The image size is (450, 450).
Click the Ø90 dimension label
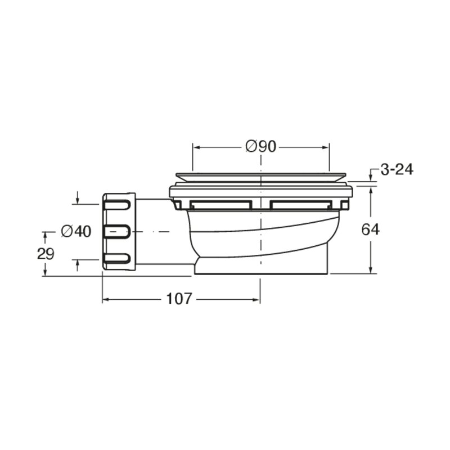pyautogui.click(x=260, y=147)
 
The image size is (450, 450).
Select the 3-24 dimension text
pyautogui.click(x=397, y=170)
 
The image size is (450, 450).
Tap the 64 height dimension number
pyautogui.click(x=370, y=229)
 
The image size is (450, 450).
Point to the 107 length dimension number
pyautogui.click(x=178, y=299)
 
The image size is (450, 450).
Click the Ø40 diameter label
pyautogui.click(x=76, y=231)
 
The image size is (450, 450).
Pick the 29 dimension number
pyautogui.click(x=46, y=254)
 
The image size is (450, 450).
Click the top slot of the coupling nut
pyautogui.click(x=117, y=205)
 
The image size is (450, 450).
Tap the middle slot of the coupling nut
pyautogui.click(x=117, y=232)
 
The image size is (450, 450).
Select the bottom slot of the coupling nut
pyautogui.click(x=117, y=259)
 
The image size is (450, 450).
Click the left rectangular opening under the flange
pyautogui.click(x=220, y=205)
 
